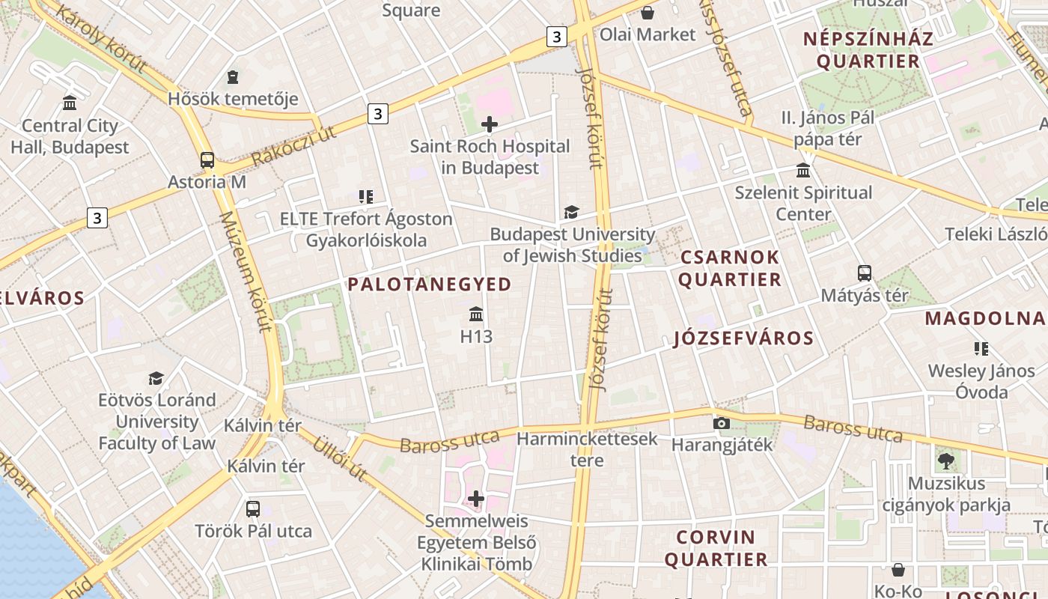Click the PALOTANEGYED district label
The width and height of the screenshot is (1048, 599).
click(x=430, y=285)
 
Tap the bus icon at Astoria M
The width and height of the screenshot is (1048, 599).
click(x=207, y=160)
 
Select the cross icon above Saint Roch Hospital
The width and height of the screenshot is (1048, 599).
click(x=490, y=124)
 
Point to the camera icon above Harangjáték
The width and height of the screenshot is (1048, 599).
click(x=722, y=424)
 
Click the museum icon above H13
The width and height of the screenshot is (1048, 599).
click(x=476, y=314)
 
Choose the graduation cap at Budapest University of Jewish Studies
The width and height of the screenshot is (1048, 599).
click(x=572, y=213)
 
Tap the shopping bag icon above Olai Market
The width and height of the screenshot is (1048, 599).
click(x=648, y=13)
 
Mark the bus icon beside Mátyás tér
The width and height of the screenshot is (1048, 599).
click(x=865, y=273)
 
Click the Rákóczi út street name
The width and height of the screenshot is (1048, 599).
click(x=293, y=146)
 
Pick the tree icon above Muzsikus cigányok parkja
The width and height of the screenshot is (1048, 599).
click(x=945, y=461)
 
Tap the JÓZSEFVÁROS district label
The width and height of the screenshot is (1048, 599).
click(x=743, y=338)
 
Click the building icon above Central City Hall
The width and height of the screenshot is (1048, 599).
click(x=70, y=103)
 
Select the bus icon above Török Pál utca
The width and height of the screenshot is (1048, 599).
click(x=253, y=509)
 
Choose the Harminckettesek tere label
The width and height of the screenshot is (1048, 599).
click(x=587, y=449)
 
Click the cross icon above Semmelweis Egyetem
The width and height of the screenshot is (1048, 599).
click(x=476, y=499)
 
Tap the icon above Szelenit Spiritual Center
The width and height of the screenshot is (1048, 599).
click(x=803, y=171)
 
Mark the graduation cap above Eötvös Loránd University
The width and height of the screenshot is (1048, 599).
click(x=156, y=378)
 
